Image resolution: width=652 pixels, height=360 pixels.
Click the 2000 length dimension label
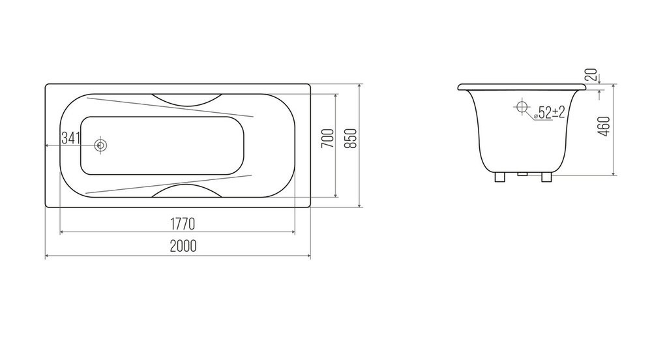tap(183, 246)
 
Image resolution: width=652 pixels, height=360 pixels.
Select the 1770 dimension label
tap(183, 224)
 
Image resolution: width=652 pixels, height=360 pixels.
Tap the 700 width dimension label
tap(328, 138)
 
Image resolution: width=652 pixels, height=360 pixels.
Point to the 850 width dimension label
tap(351, 138)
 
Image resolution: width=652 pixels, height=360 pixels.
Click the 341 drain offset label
tap(70, 138)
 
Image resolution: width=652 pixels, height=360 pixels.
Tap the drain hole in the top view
tap(100, 145)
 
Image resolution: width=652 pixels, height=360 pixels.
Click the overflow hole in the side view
tap(522, 107)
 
